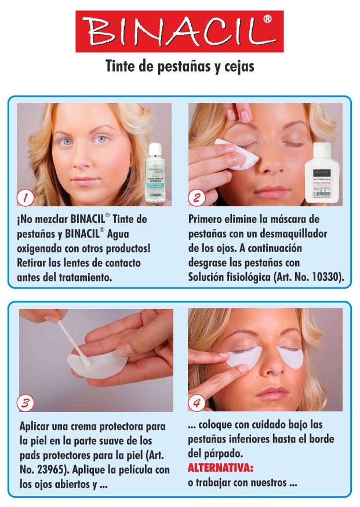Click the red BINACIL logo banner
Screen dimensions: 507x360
click(180, 31)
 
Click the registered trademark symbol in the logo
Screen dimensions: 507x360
click(267, 20)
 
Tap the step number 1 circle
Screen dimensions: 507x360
click(25, 198)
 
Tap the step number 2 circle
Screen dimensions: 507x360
click(197, 198)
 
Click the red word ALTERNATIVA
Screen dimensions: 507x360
click(221, 468)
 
